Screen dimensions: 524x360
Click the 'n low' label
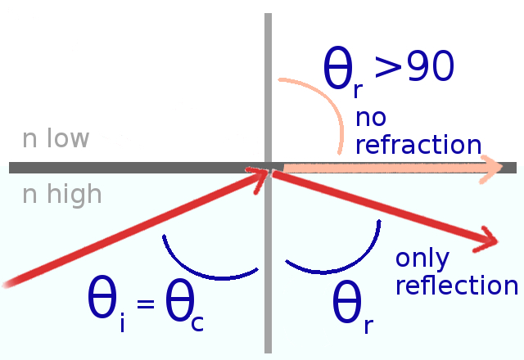coord(55,138)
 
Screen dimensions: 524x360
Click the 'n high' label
coord(61,194)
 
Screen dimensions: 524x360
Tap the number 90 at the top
coord(426,69)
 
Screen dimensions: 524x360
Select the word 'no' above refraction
coord(370,119)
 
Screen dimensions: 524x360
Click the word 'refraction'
coord(418,145)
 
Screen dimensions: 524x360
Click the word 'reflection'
coord(457,286)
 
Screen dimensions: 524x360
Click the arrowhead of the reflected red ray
coord(489,241)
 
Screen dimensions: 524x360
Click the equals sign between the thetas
coord(146,305)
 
